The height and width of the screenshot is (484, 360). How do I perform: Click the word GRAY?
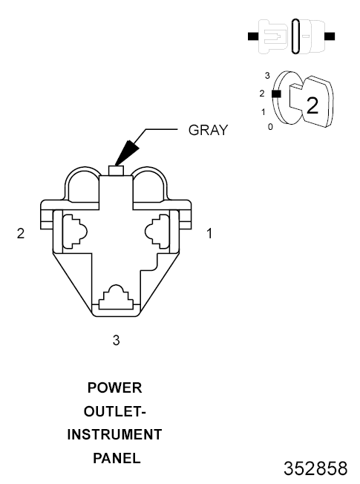(x=208, y=130)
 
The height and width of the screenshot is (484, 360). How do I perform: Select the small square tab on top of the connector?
(x=116, y=171)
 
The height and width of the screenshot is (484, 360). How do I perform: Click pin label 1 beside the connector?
(x=209, y=233)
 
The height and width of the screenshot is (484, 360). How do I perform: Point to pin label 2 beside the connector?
(x=21, y=233)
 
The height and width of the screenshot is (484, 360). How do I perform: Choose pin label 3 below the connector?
(x=116, y=340)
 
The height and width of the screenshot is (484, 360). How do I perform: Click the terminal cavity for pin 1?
(x=157, y=231)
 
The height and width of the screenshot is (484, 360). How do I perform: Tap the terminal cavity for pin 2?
(x=75, y=231)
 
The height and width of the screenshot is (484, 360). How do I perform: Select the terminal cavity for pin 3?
(x=117, y=297)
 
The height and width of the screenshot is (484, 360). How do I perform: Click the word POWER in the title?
(x=114, y=387)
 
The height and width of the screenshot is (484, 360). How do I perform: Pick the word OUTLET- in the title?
(x=114, y=411)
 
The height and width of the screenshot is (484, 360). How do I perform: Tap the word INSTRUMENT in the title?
(x=114, y=434)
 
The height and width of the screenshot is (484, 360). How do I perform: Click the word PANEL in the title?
(x=117, y=458)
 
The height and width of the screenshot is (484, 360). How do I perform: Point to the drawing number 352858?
(x=315, y=468)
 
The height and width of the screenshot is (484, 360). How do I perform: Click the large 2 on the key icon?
(x=312, y=105)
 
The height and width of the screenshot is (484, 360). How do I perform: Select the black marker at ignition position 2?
(x=276, y=94)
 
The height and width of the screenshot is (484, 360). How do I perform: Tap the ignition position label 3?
(x=267, y=75)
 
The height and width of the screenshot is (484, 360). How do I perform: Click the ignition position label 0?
(x=270, y=126)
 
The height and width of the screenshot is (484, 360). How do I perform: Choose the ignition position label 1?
(x=263, y=112)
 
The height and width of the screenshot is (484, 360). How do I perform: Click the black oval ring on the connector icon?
(x=295, y=36)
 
